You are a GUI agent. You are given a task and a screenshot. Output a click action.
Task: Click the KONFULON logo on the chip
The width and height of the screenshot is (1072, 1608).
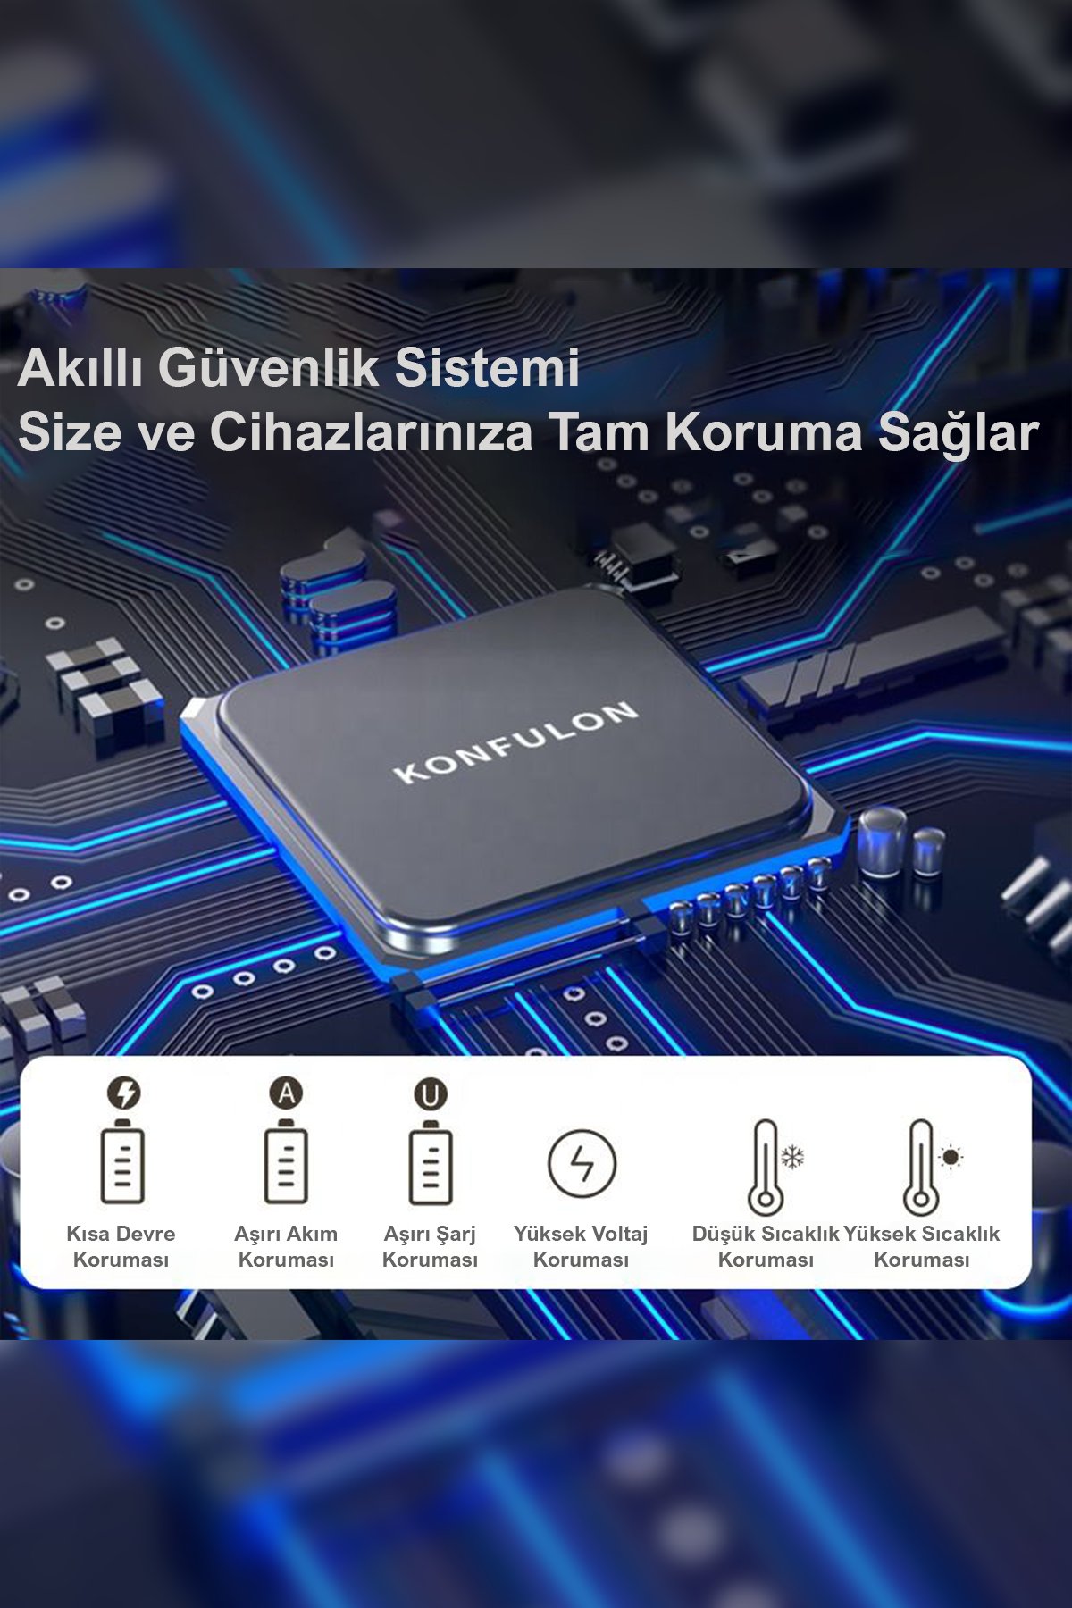(x=515, y=741)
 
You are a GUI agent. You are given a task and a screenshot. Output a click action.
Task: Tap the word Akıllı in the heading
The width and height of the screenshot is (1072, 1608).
(x=80, y=367)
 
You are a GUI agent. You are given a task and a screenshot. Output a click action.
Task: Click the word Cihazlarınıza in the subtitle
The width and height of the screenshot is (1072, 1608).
(x=371, y=432)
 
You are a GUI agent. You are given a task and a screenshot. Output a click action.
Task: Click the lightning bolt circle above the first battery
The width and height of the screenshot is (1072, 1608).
(x=123, y=1093)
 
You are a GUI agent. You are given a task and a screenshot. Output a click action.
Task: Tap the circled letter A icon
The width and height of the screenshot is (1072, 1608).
(x=286, y=1093)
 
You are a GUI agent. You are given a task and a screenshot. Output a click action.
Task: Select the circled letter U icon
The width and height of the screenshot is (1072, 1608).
(x=431, y=1094)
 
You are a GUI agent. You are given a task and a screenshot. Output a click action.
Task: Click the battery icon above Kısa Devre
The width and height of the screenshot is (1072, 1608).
(x=122, y=1161)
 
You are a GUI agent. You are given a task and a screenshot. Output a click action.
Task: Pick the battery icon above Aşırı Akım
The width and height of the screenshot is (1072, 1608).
(x=286, y=1161)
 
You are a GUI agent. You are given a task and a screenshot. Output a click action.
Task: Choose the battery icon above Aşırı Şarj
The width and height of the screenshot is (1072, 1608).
(x=431, y=1162)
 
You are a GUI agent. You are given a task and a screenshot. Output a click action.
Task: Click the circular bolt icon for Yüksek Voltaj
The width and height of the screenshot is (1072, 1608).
(x=582, y=1163)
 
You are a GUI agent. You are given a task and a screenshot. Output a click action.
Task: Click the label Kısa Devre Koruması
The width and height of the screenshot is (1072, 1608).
(x=121, y=1246)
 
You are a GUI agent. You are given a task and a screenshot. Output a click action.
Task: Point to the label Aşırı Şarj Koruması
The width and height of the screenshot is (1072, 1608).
(x=430, y=1246)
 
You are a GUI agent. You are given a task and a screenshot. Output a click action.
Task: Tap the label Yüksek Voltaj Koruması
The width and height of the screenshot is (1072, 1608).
(x=581, y=1246)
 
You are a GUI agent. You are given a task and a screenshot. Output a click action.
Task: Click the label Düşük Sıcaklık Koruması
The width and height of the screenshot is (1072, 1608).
(x=766, y=1246)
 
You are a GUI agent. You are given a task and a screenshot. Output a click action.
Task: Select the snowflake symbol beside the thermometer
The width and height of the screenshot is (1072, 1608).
(x=792, y=1157)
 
